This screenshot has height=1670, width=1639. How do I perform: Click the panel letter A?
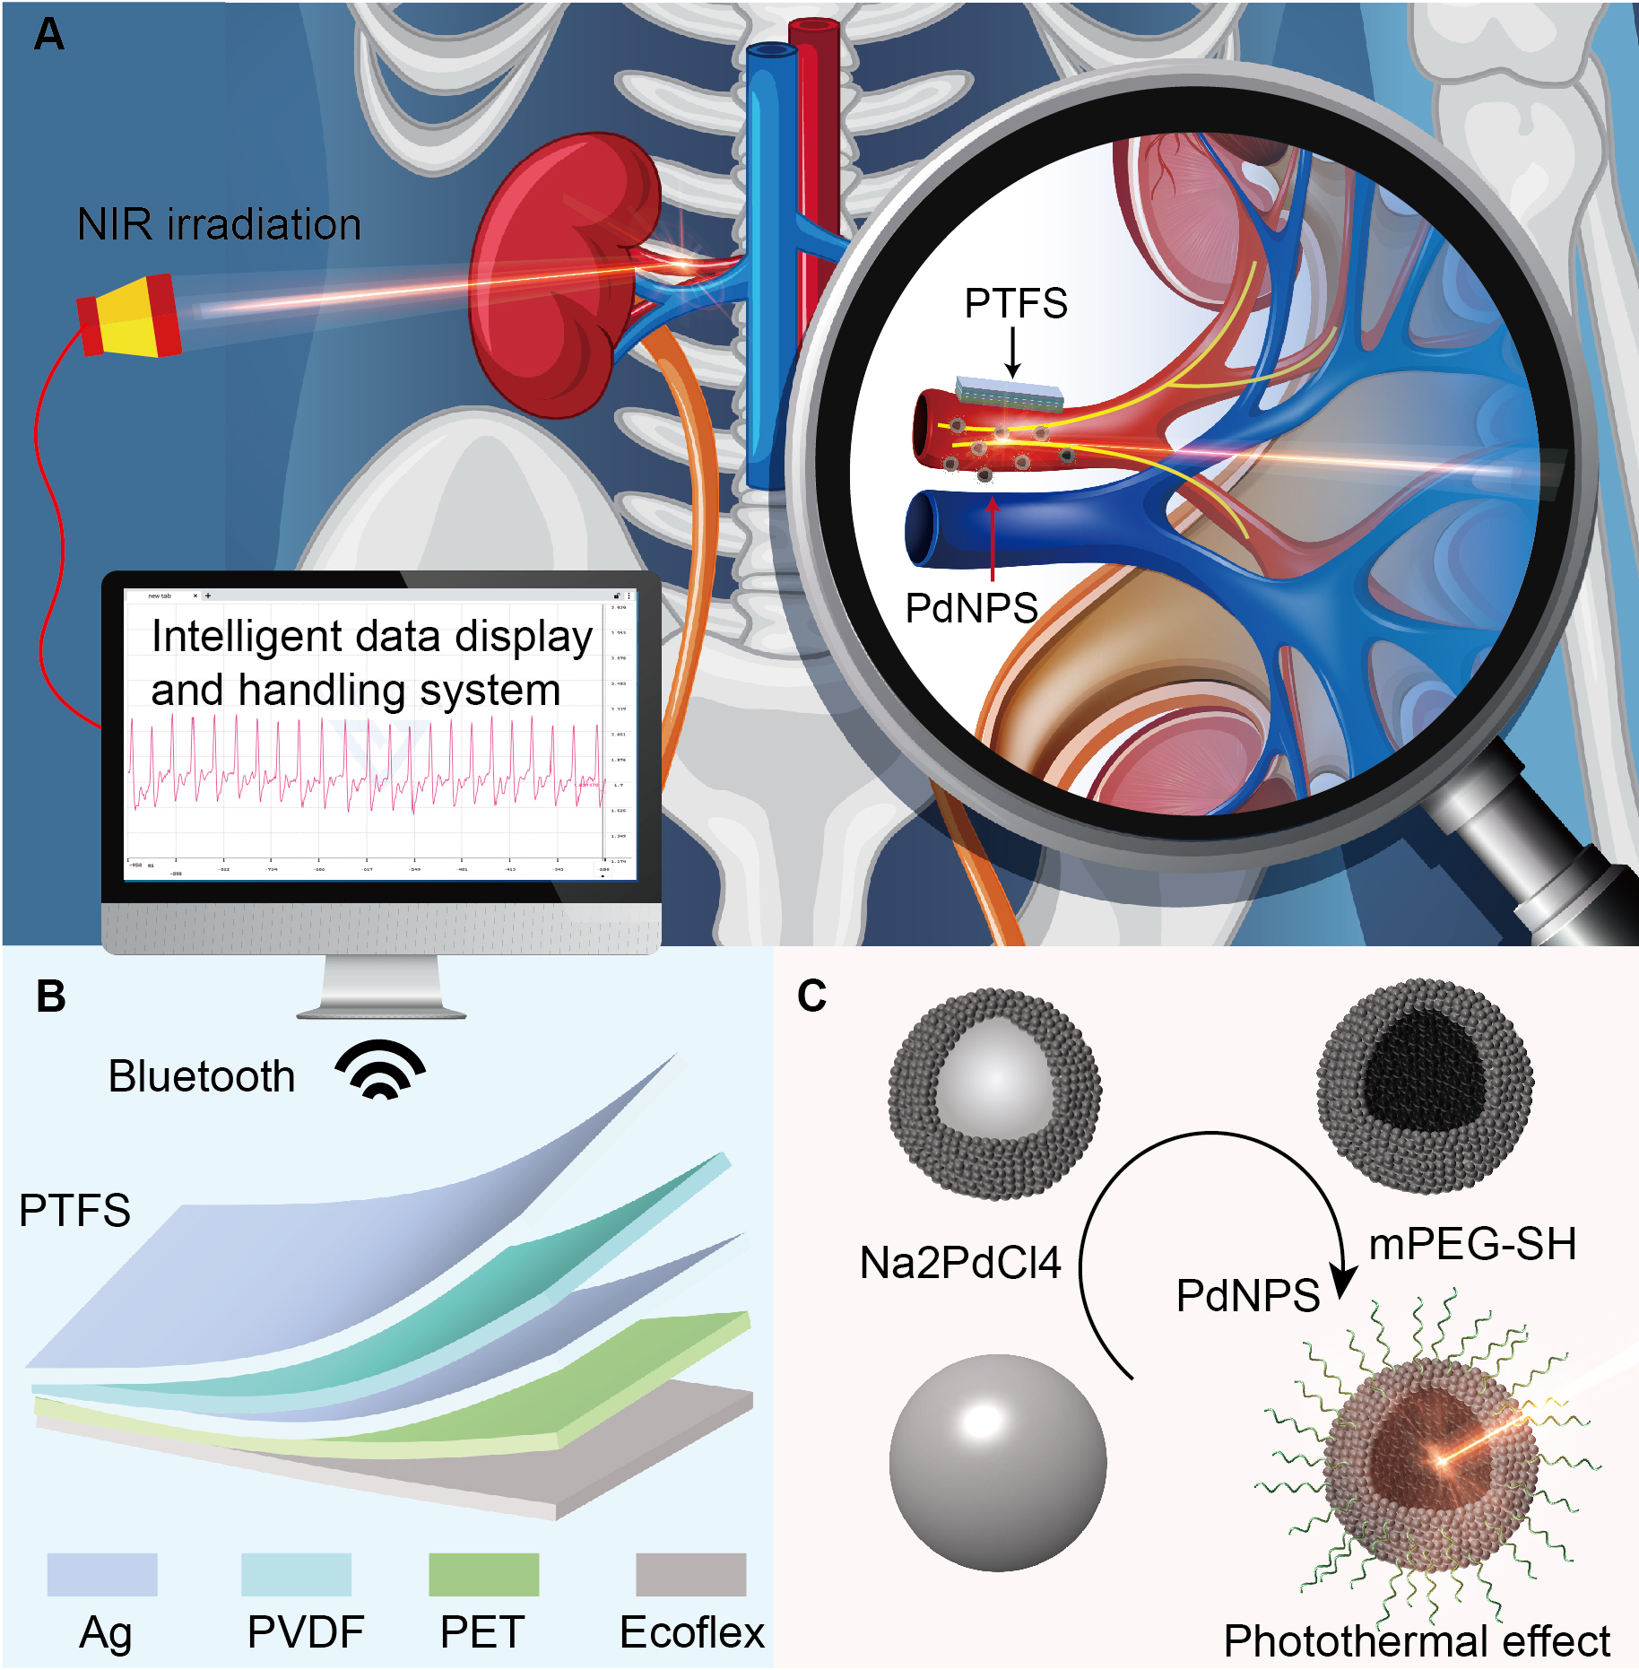pyautogui.click(x=48, y=34)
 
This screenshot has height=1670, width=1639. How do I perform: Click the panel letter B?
pyautogui.click(x=51, y=996)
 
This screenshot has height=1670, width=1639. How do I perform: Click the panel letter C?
pyautogui.click(x=811, y=996)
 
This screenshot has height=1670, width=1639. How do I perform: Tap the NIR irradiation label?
pyautogui.click(x=219, y=224)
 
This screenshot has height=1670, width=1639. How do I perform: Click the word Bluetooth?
pyautogui.click(x=202, y=1076)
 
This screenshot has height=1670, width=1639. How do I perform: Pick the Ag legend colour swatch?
pyautogui.click(x=102, y=1575)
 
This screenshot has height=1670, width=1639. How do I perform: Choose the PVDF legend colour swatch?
pyautogui.click(x=296, y=1575)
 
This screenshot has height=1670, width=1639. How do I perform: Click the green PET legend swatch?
pyautogui.click(x=483, y=1575)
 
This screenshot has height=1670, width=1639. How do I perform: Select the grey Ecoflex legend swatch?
pyautogui.click(x=690, y=1575)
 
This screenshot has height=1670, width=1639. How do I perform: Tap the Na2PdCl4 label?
pyautogui.click(x=959, y=1263)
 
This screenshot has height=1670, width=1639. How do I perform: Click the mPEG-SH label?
pyautogui.click(x=1472, y=1245)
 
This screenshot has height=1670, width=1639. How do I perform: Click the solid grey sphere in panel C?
pyautogui.click(x=997, y=1463)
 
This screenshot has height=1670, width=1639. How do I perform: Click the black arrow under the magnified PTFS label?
pyautogui.click(x=1013, y=352)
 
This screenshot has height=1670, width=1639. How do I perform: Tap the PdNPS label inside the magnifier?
pyautogui.click(x=971, y=609)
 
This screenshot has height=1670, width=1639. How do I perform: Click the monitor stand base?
pyautogui.click(x=381, y=1013)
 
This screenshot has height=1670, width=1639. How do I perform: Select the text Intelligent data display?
pyautogui.click(x=372, y=637)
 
